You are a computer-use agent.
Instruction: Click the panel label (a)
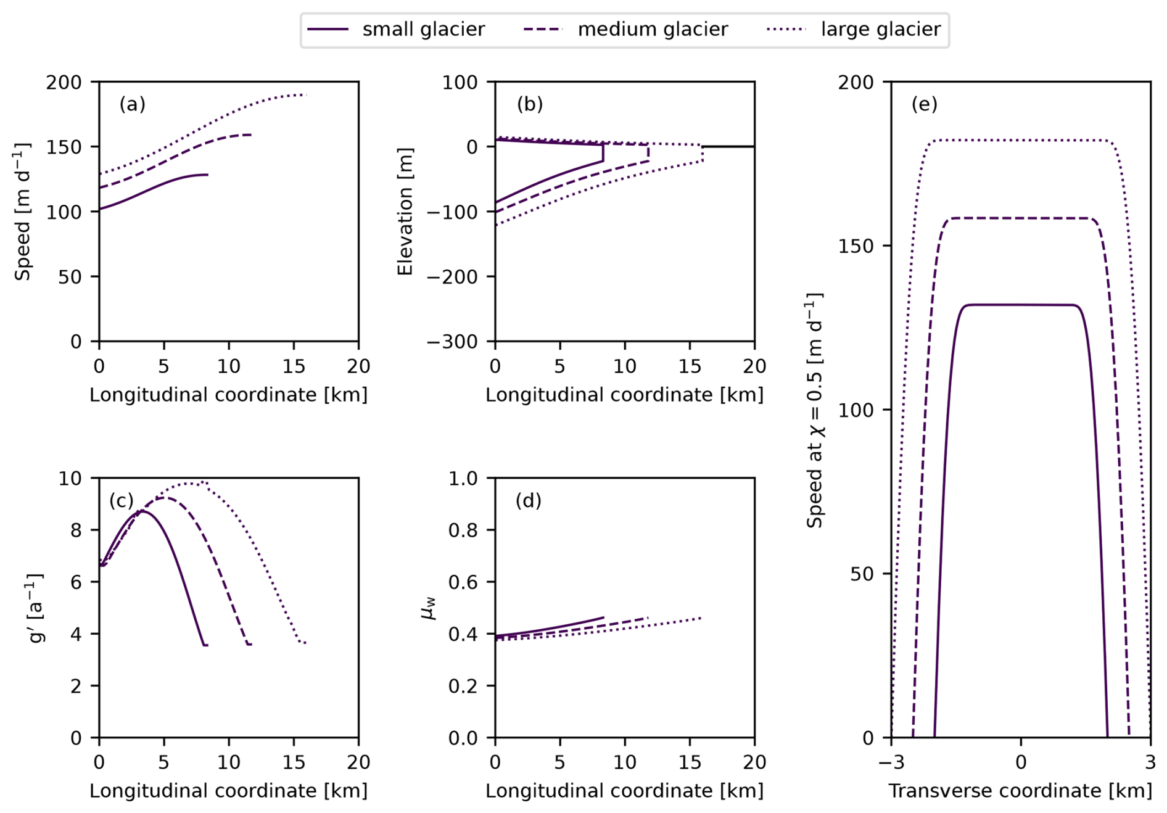tap(133, 104)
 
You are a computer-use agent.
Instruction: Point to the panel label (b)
tap(530, 104)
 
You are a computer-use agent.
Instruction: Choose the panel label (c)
tap(122, 500)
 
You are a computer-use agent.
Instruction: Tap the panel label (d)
tap(529, 500)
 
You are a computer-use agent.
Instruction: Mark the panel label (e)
tap(925, 104)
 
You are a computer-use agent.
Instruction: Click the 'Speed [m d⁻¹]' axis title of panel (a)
tap(23, 212)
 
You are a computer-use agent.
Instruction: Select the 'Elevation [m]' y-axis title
tap(405, 212)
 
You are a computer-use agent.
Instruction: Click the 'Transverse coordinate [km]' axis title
tap(1020, 791)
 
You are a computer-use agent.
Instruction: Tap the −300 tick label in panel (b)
tap(452, 342)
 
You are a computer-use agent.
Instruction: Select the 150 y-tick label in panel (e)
tap(857, 246)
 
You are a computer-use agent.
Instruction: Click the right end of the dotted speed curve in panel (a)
tap(305, 95)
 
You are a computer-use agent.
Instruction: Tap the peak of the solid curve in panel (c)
tap(142, 511)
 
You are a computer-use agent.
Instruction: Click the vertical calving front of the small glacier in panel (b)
tap(603, 153)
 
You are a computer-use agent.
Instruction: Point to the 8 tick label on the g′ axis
tap(76, 530)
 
